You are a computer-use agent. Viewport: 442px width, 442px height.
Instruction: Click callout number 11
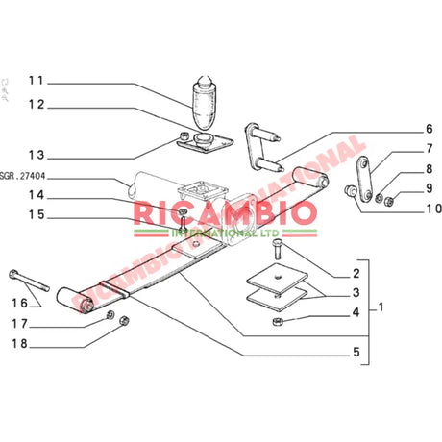36,80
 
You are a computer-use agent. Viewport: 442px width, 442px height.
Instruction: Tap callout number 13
36,154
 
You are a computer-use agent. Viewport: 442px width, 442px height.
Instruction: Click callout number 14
36,196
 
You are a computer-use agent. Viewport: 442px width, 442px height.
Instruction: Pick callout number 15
36,216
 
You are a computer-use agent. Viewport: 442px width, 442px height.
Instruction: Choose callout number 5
355,353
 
